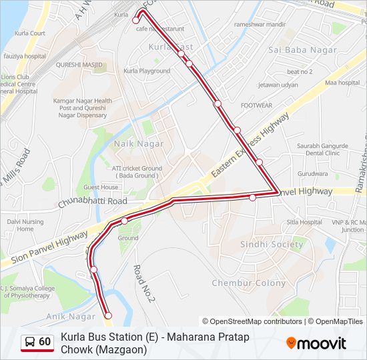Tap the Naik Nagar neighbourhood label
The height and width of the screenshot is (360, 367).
(x=139, y=143)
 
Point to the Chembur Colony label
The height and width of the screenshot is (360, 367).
(x=248, y=283)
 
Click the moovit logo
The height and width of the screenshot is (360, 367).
(x=316, y=343)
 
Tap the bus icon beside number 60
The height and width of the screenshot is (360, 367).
(x=30, y=342)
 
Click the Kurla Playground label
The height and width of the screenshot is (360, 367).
(x=147, y=71)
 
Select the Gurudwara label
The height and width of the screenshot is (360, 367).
(x=313, y=173)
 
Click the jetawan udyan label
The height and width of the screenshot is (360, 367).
(x=278, y=85)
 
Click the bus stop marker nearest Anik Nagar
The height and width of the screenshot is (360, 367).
(x=108, y=315)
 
